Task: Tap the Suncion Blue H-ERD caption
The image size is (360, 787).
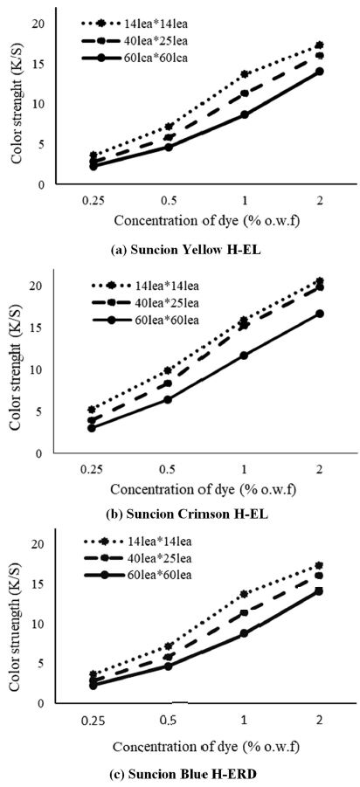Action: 181,772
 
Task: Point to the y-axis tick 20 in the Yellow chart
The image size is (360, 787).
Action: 37,22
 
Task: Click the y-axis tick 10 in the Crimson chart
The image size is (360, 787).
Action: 37,369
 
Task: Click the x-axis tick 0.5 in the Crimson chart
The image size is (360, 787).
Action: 169,468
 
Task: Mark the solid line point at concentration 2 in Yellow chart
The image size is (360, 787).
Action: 320,72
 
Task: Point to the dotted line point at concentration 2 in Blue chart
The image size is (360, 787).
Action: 320,566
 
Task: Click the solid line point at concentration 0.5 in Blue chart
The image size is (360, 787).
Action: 170,666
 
